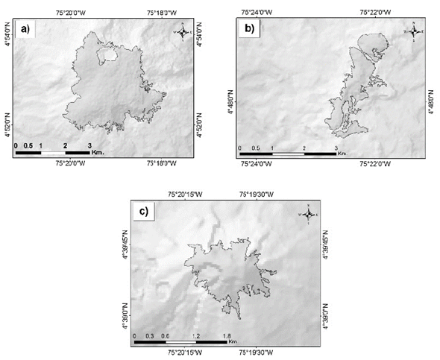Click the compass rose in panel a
[x=183, y=31]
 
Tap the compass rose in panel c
[x=307, y=212]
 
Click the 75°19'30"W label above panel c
[x=259, y=193]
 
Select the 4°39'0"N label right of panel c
[x=323, y=315]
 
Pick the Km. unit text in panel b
[x=342, y=154]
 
